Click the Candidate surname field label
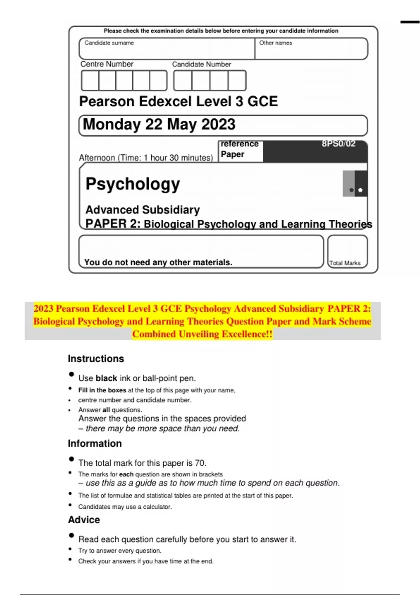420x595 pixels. (109, 43)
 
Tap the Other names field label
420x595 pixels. (275, 43)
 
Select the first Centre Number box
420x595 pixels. (90, 80)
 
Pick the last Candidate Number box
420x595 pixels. (237, 80)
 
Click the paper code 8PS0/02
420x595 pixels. (338, 144)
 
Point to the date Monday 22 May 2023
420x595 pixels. (159, 125)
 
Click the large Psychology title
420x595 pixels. (133, 184)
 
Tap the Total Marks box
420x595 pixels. (347, 252)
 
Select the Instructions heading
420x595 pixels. (96, 359)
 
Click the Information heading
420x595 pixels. (95, 443)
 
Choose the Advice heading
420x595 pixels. (84, 520)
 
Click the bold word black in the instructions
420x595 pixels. (106, 378)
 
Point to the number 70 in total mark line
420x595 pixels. (200, 463)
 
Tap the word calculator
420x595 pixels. (157, 507)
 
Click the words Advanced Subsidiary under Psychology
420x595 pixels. (143, 210)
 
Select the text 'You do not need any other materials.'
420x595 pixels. (158, 262)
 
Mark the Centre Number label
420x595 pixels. (107, 64)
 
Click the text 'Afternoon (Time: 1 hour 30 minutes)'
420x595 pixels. (146, 158)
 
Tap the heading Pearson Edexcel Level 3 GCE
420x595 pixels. (178, 101)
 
